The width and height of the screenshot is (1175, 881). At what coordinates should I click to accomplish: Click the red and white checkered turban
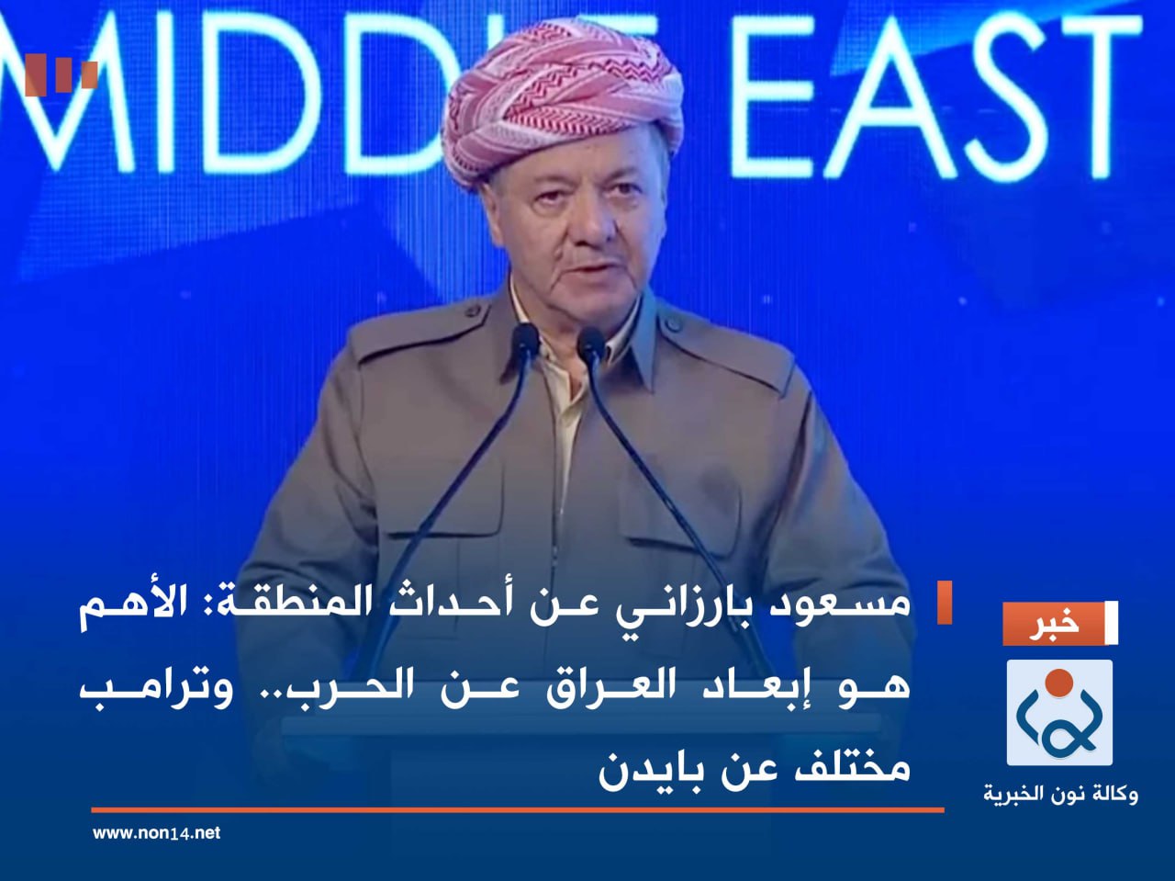click(562, 101)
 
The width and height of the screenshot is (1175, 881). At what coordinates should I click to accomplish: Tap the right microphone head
click(591, 344)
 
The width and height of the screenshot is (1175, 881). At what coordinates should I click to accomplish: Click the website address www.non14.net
click(156, 833)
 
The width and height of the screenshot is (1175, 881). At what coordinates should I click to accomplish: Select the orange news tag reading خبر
click(1056, 624)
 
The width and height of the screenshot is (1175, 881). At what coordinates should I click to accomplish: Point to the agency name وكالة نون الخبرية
click(1060, 793)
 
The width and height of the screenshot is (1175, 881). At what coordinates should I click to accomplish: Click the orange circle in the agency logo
click(1059, 683)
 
